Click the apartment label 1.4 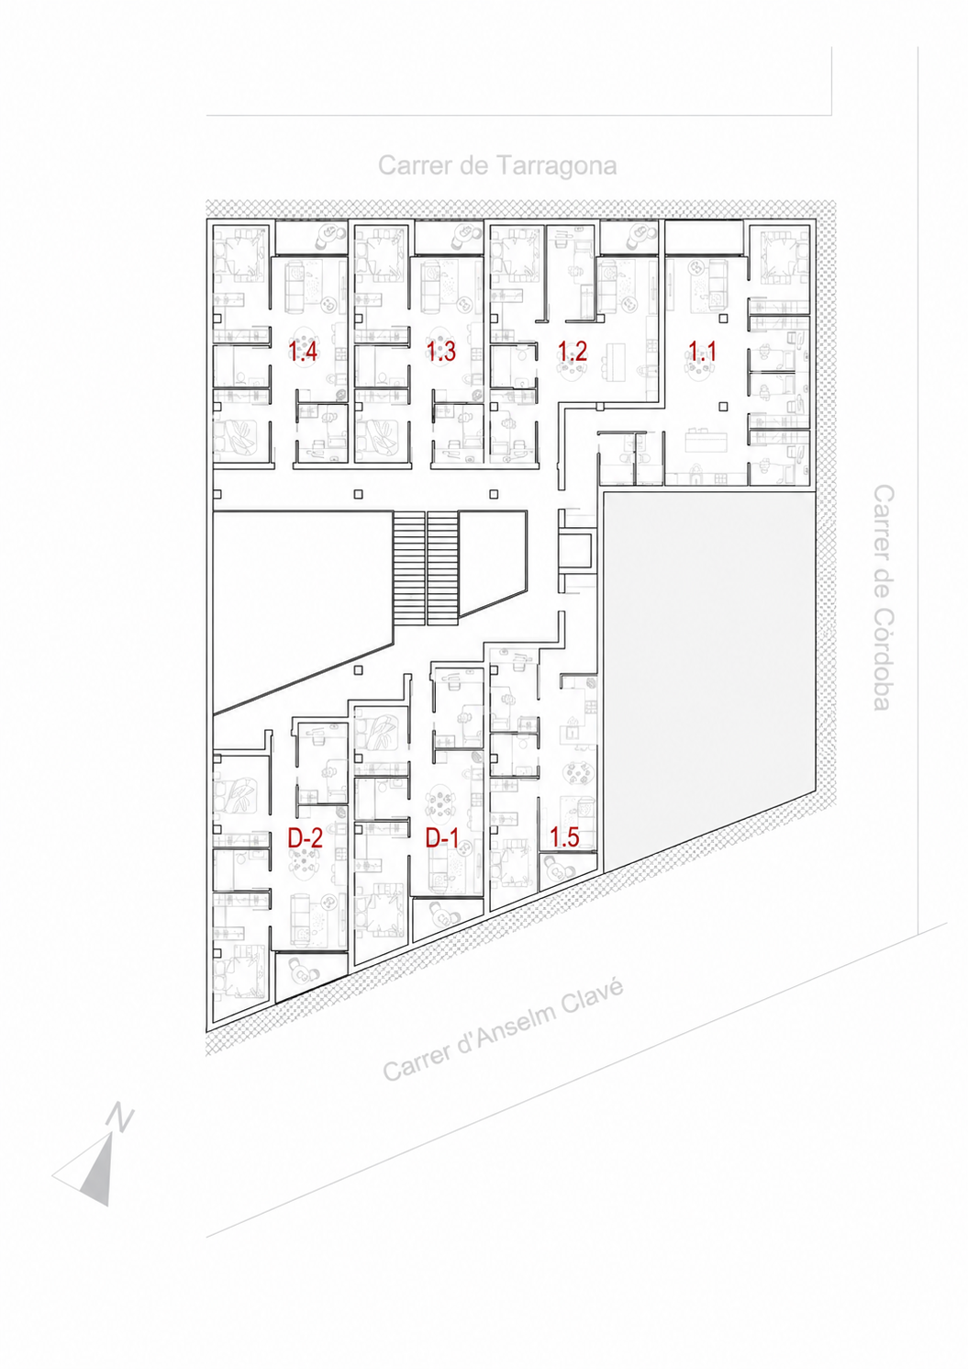pyautogui.click(x=303, y=352)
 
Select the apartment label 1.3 pyautogui.click(x=441, y=352)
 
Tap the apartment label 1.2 pyautogui.click(x=573, y=351)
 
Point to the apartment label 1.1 pyautogui.click(x=702, y=351)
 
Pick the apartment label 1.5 pyautogui.click(x=564, y=837)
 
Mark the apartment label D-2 pyautogui.click(x=305, y=837)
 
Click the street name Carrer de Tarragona pyautogui.click(x=497, y=165)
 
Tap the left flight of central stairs pyautogui.click(x=408, y=567)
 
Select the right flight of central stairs pyautogui.click(x=442, y=567)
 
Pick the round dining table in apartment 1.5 pyautogui.click(x=577, y=773)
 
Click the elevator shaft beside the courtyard pyautogui.click(x=575, y=550)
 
